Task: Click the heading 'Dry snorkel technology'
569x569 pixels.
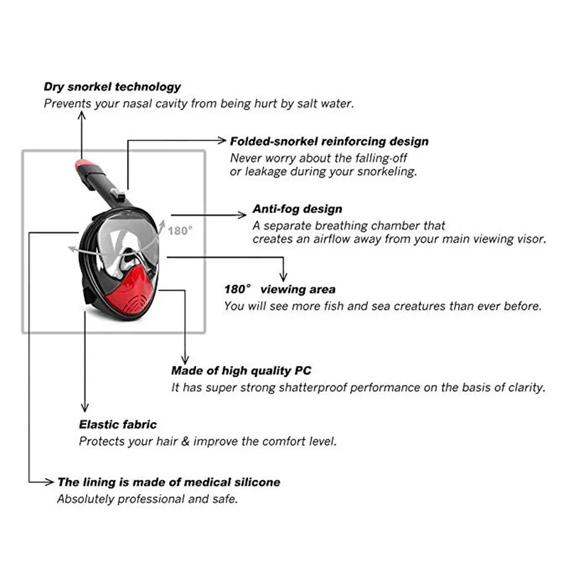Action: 112,87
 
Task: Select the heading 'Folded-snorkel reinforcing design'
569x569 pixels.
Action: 329,141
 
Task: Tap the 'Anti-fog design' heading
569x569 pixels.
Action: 297,209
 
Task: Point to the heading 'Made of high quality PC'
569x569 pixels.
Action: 242,371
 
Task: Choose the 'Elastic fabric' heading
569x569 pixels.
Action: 118,425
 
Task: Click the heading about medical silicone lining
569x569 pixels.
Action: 169,482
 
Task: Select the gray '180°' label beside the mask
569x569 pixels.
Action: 180,231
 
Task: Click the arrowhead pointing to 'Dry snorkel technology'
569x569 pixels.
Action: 82,114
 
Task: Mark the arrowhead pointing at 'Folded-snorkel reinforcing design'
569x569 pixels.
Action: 222,141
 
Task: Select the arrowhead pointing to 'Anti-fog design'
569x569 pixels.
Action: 242,215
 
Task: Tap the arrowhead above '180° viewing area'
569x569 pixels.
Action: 283,277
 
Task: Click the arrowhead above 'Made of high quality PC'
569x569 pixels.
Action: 185,359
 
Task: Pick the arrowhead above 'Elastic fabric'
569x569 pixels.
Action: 85,407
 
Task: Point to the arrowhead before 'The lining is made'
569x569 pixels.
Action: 49,482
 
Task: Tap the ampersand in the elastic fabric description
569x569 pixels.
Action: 185,442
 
